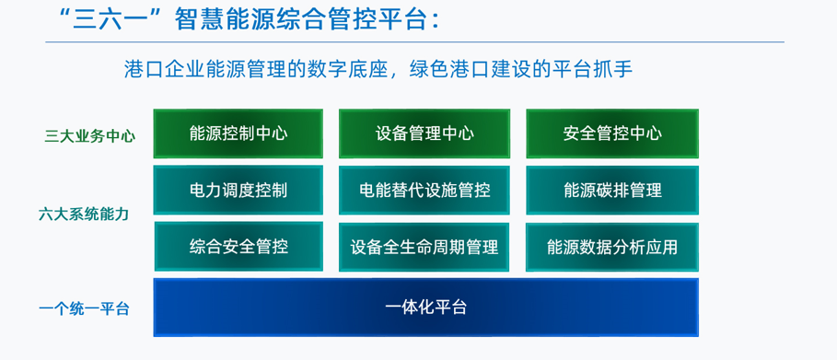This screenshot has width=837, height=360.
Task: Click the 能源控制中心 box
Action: tap(238, 134)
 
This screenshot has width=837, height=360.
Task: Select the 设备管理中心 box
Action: tap(424, 134)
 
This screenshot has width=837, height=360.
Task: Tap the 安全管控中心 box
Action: tap(611, 134)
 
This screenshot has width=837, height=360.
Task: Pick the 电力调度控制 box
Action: tap(238, 190)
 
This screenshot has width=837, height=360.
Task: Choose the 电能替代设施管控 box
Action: tap(424, 190)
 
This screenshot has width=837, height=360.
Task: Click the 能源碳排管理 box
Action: tap(611, 190)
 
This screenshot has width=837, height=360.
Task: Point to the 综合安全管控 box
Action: tap(238, 246)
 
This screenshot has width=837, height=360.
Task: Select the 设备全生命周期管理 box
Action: tap(424, 247)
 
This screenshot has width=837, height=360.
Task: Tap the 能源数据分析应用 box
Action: tap(611, 247)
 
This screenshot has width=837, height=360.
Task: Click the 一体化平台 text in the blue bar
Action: tap(425, 307)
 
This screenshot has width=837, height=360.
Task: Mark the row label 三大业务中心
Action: tap(89, 136)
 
